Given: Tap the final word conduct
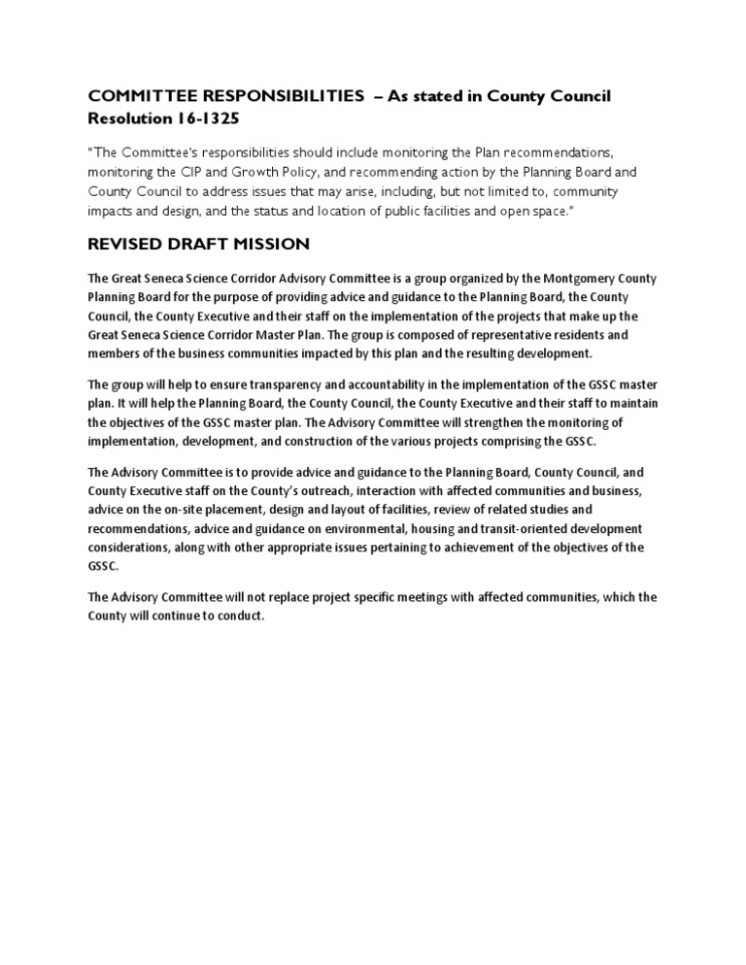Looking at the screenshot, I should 242,616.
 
